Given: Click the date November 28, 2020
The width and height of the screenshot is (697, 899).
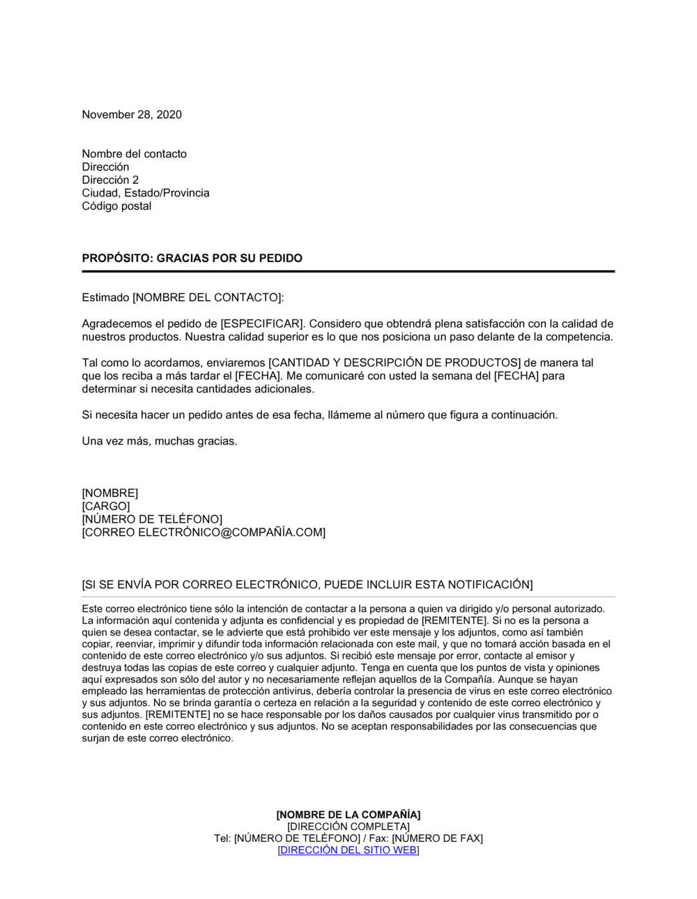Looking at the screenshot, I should coord(132,115).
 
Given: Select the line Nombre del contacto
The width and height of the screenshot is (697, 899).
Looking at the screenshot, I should coord(134,154).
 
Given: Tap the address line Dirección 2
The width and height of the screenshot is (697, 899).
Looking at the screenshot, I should coord(110,180).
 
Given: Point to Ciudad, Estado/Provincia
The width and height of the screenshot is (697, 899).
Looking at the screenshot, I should coord(145,193).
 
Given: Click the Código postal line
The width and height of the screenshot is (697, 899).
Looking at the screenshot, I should coord(116,206).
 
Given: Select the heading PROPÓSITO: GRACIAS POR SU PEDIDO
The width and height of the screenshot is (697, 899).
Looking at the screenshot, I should coord(192,259).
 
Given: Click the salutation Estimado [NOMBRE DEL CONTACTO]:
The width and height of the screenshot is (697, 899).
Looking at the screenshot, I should coord(183,298).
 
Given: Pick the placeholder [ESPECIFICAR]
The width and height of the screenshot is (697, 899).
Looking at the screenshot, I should coord(263,324).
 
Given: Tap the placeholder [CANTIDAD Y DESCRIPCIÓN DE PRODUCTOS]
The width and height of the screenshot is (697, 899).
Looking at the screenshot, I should coord(395,363).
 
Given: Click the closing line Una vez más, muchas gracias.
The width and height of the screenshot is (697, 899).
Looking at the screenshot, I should coord(159,441).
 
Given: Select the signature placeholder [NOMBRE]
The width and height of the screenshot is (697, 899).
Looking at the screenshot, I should coord(109,493).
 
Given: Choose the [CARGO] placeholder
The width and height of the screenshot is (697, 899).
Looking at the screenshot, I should coord(105,507).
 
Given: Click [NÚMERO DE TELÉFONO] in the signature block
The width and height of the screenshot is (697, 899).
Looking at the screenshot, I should coord(152,519).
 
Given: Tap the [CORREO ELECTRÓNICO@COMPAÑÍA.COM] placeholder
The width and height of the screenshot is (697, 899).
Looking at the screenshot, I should coord(203,532).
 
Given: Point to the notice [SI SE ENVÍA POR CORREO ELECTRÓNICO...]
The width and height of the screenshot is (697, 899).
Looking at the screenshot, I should coord(307,585).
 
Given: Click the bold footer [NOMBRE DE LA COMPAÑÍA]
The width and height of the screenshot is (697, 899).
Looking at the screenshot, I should coord(348,815).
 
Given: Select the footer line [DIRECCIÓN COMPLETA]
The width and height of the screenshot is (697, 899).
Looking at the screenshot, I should coord(348,827).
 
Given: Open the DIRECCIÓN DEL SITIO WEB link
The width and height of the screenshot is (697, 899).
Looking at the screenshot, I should coord(348,850).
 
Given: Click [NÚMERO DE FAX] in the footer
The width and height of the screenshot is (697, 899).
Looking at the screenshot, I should coord(437,838).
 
